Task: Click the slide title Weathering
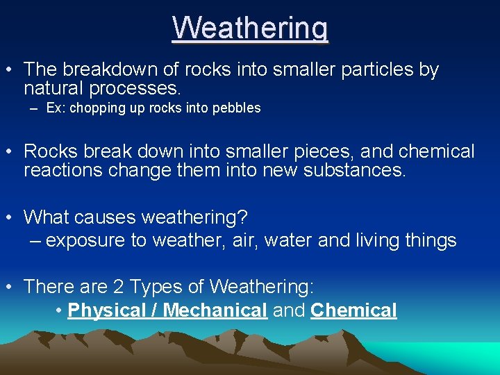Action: click(250, 28)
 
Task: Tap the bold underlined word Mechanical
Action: click(215, 310)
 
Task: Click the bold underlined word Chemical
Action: click(353, 310)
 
